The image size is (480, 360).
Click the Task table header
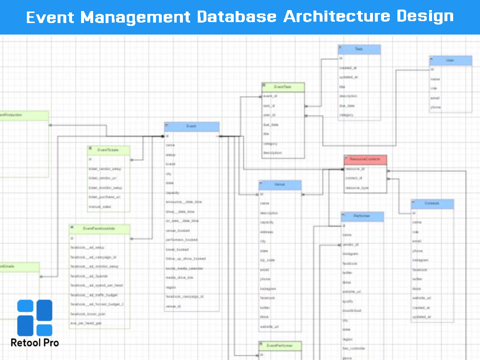pyautogui.click(x=359, y=49)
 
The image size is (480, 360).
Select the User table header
pyautogui.click(x=450, y=60)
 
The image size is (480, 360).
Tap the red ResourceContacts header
pyautogui.click(x=365, y=159)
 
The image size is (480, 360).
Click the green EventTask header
pyautogui.click(x=283, y=87)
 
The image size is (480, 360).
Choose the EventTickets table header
pyautogui.click(x=108, y=150)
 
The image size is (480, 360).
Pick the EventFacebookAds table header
pyautogui.click(x=99, y=229)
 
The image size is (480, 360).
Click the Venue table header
pyautogui.click(x=280, y=185)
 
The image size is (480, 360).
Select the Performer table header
pyautogui.click(x=362, y=216)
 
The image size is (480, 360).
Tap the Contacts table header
pyautogui.click(x=432, y=204)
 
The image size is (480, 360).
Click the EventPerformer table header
pyautogui.click(x=280, y=346)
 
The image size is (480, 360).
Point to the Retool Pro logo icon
pyautogui.click(x=35, y=318)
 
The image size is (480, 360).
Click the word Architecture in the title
pyautogui.click(x=336, y=17)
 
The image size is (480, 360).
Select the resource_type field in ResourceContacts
pyautogui.click(x=358, y=188)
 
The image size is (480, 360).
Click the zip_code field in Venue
pyautogui.click(x=268, y=260)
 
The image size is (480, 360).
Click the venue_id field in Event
pyautogui.click(x=173, y=306)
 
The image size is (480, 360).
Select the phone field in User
pyautogui.click(x=436, y=107)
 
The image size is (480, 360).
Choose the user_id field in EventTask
pyautogui.click(x=269, y=115)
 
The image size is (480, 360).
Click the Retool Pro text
pyautogui.click(x=35, y=343)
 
